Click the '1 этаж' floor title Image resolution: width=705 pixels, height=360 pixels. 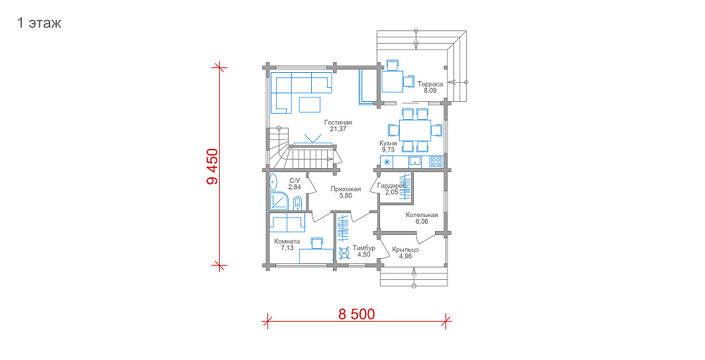click(x=38, y=23)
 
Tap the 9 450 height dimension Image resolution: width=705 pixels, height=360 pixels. click(x=212, y=166)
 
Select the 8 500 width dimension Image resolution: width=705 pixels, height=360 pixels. click(x=357, y=314)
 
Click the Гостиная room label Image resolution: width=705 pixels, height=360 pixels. click(x=338, y=122)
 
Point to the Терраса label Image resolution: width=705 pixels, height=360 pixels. click(x=430, y=84)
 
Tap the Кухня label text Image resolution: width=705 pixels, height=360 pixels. click(x=388, y=144)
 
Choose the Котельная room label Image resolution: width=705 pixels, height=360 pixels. click(x=422, y=215)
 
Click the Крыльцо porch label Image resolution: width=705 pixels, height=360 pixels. click(x=405, y=250)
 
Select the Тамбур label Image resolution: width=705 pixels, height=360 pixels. click(x=363, y=248)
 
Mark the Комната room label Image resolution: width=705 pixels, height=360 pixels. click(x=287, y=242)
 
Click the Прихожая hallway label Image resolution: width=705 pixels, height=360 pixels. click(x=346, y=189)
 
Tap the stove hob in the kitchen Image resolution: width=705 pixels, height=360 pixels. click(x=435, y=161)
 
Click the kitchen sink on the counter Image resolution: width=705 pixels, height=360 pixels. click(x=414, y=161)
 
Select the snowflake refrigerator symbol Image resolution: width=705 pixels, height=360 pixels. click(x=386, y=161)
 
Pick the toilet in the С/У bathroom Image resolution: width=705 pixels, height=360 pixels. click(x=297, y=204)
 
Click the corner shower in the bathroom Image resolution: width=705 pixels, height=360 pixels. click(x=279, y=201)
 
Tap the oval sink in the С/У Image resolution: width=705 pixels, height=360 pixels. click(x=273, y=182)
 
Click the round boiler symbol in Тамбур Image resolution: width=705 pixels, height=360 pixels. click(x=344, y=254)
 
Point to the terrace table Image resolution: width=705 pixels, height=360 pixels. click(x=392, y=81)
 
